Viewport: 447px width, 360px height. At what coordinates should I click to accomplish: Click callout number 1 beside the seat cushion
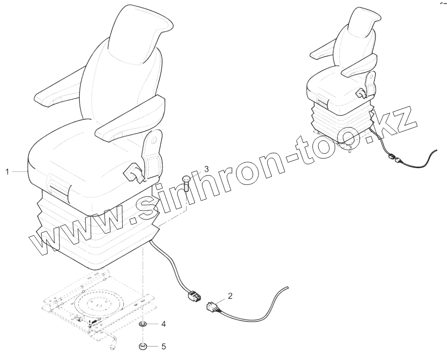tap(7, 171)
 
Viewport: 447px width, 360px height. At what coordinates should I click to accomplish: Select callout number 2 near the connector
tap(230, 296)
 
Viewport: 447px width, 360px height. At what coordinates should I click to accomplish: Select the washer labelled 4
tap(142, 324)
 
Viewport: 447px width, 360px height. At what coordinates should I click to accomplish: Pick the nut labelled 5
tap(142, 346)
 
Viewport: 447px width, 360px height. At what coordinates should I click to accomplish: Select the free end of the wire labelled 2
tap(286, 287)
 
